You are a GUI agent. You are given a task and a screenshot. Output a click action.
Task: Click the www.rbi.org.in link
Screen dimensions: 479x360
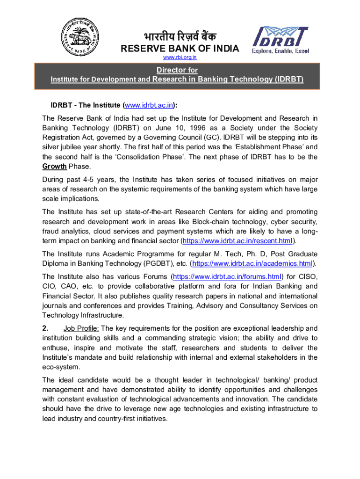click(180, 58)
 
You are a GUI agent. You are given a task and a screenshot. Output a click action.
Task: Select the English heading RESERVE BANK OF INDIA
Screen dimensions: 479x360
click(180, 49)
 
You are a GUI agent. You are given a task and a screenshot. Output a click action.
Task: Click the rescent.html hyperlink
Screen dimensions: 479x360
click(238, 241)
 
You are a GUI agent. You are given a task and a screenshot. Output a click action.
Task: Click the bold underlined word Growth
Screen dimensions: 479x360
click(55, 167)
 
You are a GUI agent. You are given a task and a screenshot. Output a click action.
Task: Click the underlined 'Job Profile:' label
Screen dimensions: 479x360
click(81, 328)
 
